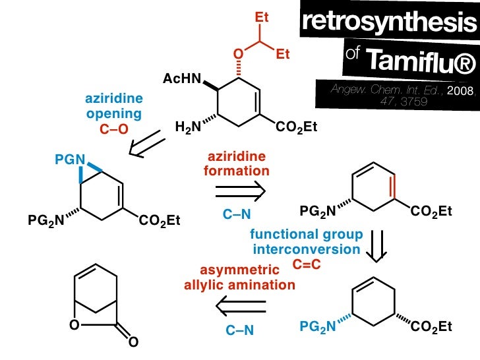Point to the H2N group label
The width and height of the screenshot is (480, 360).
188,126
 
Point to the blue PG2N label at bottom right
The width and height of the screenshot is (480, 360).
318,326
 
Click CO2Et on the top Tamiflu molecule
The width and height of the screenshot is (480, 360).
293,126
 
